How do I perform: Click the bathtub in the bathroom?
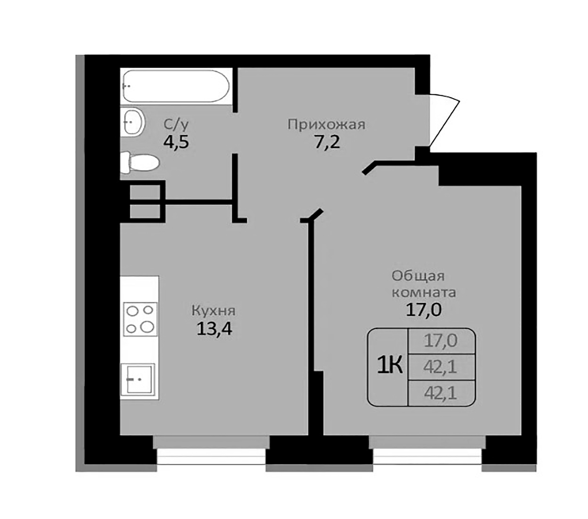point(176,86)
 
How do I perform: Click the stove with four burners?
point(140,319)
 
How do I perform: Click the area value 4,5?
point(176,142)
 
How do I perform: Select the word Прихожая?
point(326,125)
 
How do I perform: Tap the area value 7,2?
point(327,142)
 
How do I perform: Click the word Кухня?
point(214,311)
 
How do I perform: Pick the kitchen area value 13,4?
point(214,329)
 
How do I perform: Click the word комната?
point(424,293)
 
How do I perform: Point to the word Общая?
point(418,276)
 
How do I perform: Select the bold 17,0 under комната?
point(424,310)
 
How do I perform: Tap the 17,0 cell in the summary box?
point(440,341)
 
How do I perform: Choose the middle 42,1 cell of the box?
point(440,367)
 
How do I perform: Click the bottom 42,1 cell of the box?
point(440,393)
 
